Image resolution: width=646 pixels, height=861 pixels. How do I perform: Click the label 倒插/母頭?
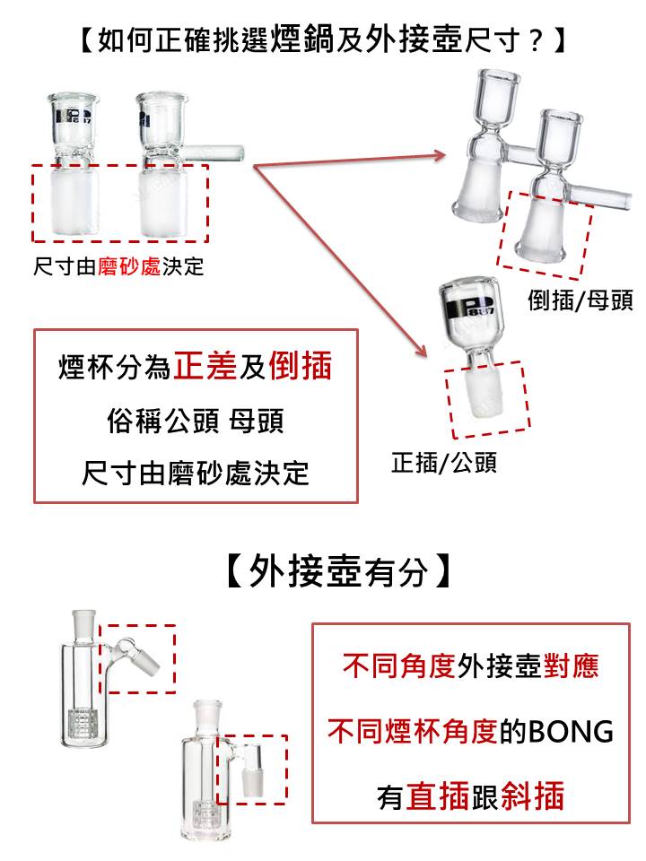click(x=581, y=300)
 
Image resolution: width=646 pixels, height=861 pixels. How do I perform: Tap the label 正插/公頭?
click(x=444, y=463)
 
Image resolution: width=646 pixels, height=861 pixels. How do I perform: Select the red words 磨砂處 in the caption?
click(x=129, y=267)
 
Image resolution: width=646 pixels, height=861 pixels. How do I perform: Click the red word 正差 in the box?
click(x=205, y=366)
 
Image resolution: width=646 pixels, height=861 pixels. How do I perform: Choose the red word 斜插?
click(x=532, y=796)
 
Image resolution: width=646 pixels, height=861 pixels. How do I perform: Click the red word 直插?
click(x=438, y=796)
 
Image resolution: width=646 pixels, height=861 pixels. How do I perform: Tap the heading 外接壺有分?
click(x=338, y=571)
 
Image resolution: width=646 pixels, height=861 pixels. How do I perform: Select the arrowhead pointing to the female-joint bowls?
click(x=440, y=155)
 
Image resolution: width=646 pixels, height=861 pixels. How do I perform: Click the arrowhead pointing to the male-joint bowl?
click(x=422, y=351)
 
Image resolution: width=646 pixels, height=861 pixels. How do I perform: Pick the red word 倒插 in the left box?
click(x=301, y=366)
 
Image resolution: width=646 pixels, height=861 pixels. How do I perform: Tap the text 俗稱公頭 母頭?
click(x=196, y=422)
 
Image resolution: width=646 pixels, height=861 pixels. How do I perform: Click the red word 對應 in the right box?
click(x=572, y=666)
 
